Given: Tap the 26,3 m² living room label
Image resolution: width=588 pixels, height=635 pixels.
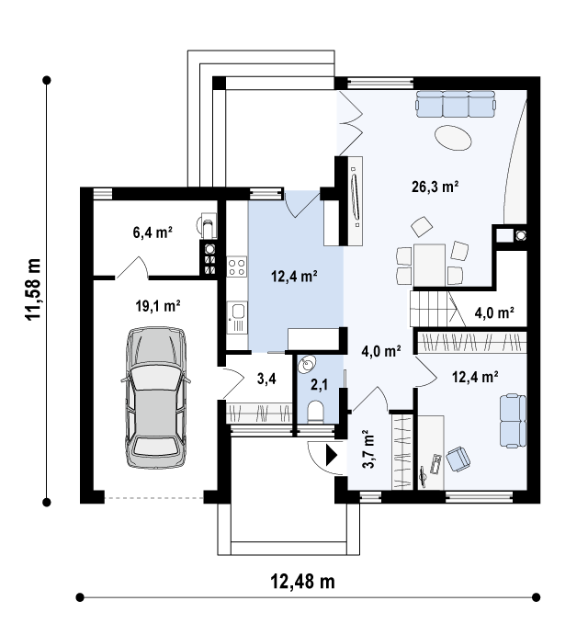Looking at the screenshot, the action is coord(435,187).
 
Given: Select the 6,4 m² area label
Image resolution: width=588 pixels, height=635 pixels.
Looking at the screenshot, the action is coord(153,232).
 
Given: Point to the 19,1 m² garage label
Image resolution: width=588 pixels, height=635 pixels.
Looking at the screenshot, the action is coord(157,306).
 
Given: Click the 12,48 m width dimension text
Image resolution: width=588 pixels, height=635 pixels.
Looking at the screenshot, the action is coord(302,582).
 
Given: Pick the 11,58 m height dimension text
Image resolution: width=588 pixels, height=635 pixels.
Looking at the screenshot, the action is coord(33,289).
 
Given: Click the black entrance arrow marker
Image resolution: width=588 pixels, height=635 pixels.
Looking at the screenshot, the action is coord(332,456).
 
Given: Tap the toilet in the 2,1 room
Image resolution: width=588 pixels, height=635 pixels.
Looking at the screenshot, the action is coord(315,413).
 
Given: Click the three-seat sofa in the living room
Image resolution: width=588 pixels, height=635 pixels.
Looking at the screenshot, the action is coord(456,104).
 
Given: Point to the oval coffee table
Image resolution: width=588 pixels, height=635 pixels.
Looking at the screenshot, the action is coord(453,138).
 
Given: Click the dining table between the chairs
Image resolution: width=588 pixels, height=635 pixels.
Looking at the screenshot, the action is coord(429,265).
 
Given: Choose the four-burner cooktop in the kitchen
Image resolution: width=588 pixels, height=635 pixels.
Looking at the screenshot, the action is coord(237,266).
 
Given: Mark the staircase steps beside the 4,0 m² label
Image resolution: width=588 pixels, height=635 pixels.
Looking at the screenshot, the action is coord(432,309).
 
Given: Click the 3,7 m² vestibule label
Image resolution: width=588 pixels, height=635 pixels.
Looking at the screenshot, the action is coord(368,448).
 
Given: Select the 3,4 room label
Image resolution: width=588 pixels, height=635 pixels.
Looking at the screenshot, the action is coord(266,379).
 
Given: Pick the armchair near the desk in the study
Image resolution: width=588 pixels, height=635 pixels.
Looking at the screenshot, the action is coord(458,459).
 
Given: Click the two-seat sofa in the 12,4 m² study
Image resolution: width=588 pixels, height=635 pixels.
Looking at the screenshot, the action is coord(513,421).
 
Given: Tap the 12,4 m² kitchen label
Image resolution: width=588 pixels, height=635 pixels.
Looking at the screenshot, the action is coord(294,277).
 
